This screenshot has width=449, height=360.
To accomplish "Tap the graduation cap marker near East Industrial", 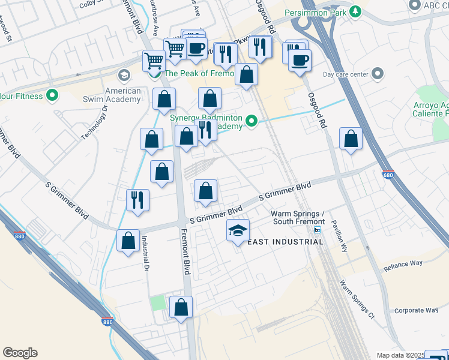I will [238, 230].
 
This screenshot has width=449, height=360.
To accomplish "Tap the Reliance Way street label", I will [403, 264].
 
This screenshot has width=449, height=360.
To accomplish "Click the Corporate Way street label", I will [416, 310].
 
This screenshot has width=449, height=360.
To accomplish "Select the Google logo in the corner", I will [20, 353].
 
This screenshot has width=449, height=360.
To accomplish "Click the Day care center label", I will [345, 74].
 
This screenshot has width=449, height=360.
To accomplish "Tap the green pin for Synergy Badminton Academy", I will [253, 122].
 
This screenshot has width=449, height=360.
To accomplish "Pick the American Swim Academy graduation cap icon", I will [124, 76].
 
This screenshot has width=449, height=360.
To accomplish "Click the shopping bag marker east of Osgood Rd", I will [351, 139].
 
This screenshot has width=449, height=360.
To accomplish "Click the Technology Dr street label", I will [94, 123].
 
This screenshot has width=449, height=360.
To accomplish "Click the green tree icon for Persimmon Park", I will [356, 11].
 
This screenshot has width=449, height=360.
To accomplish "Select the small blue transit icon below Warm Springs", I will [318, 230].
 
